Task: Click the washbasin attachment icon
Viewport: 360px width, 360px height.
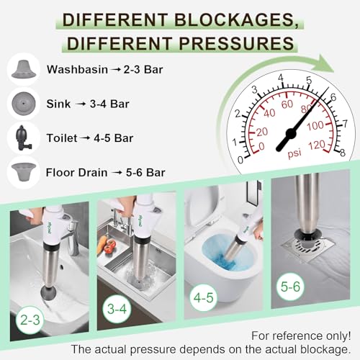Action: pos(24,70)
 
